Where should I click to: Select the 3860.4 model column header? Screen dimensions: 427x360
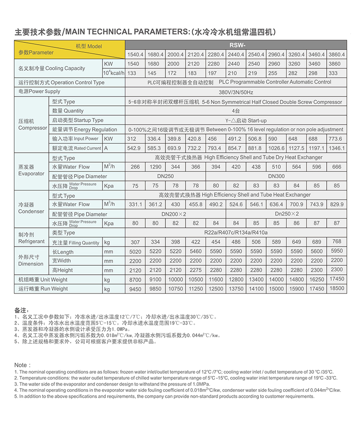[336, 54]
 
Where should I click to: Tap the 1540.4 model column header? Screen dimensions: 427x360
[135, 54]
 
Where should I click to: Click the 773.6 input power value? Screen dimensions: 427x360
[336, 139]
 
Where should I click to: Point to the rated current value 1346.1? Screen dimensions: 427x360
[336, 148]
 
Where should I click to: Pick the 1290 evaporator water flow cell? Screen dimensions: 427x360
[155, 167]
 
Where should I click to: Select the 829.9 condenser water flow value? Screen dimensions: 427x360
[336, 205]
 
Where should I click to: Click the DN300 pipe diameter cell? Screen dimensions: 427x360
[276, 176]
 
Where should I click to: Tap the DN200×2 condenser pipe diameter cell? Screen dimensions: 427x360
[175, 214]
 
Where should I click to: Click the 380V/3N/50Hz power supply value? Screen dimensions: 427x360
[236, 92]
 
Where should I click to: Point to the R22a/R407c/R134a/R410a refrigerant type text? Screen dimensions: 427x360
[236, 232]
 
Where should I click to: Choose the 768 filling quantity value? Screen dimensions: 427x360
[336, 242]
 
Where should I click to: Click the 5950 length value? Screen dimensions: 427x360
[336, 251]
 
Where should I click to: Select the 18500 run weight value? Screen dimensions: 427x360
[336, 288]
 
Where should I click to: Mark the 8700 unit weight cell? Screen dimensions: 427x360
[135, 279]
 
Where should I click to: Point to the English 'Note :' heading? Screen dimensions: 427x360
[23, 365]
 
